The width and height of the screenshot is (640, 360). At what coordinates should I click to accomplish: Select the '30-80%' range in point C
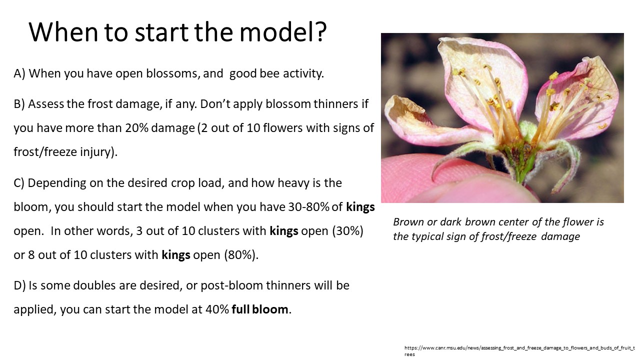click(x=308, y=207)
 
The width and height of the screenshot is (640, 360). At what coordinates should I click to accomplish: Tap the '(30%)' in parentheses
click(x=347, y=231)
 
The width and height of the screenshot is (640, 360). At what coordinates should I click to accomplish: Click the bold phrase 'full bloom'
click(x=259, y=309)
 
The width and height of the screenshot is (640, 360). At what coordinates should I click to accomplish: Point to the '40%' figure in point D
click(x=217, y=309)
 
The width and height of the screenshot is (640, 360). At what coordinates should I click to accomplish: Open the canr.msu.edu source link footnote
click(x=519, y=351)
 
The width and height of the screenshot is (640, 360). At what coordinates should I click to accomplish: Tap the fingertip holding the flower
click(x=445, y=183)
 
